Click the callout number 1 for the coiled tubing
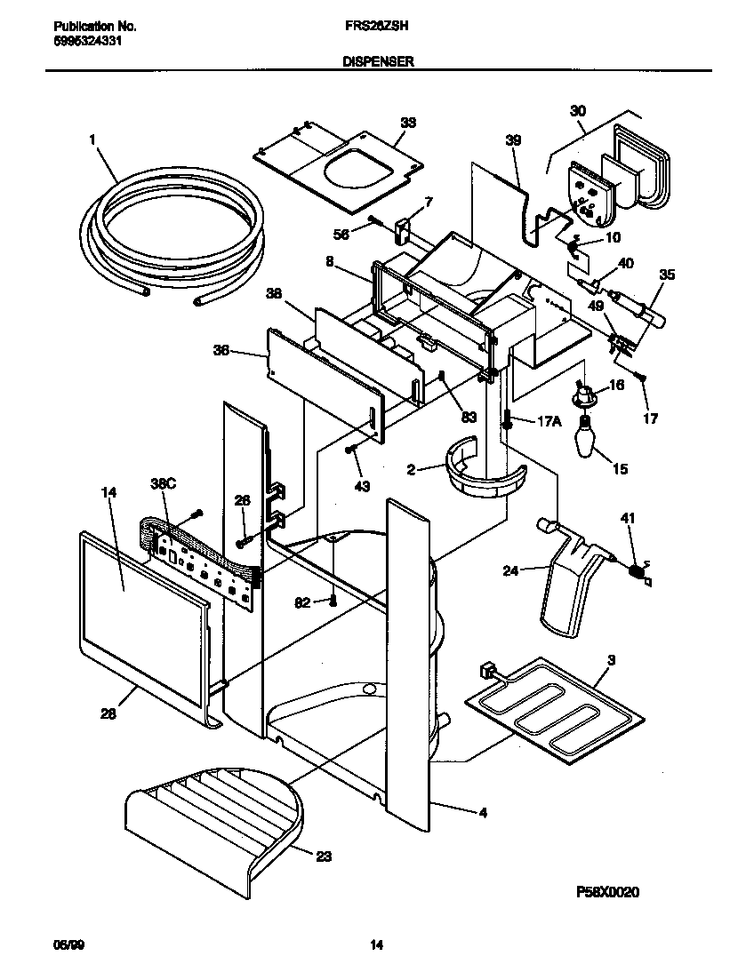[92, 139]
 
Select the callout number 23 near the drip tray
[324, 856]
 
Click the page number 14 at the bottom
[377, 945]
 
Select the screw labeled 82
[333, 602]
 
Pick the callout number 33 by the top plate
[407, 123]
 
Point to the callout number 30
[579, 111]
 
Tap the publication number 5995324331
[82, 40]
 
